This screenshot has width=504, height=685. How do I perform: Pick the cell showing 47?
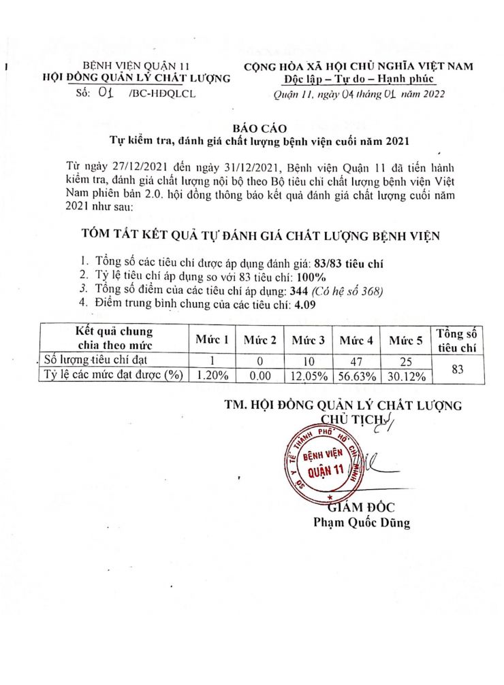pos(358,361)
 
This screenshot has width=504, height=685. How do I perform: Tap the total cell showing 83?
pos(457,368)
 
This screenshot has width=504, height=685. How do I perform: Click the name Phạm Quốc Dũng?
pos(361,522)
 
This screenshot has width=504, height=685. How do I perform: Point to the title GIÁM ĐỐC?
pos(361,507)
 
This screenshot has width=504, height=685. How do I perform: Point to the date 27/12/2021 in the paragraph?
pos(128,167)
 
